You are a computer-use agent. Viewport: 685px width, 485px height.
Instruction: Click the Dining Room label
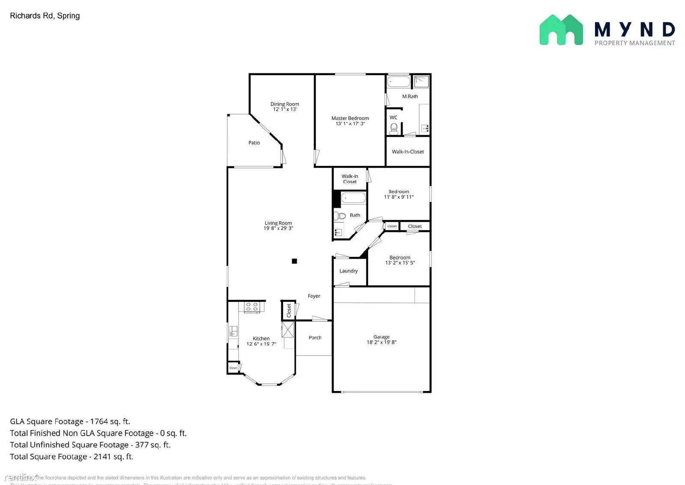point(285,104)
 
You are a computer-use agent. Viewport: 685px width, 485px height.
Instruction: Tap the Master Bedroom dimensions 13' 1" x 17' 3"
point(350,124)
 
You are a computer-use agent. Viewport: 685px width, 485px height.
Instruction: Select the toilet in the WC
point(394,128)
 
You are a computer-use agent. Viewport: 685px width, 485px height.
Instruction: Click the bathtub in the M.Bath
point(399,81)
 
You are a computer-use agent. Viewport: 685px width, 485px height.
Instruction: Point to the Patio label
point(254,143)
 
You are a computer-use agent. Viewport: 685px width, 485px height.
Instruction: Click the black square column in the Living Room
point(295,261)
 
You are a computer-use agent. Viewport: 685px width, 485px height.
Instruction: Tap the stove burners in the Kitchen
point(252,307)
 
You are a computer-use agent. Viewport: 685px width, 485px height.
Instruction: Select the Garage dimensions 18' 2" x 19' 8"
point(381,343)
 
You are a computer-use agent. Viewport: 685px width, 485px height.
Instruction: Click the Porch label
point(315,338)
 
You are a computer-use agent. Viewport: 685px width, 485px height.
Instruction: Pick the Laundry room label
point(348,271)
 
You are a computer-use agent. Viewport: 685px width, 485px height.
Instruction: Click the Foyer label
point(314,296)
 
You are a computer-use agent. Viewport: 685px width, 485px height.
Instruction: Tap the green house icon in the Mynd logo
point(561,30)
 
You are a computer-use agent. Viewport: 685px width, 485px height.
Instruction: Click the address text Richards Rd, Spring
point(45,16)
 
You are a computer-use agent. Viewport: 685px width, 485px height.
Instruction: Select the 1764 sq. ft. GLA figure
point(110,422)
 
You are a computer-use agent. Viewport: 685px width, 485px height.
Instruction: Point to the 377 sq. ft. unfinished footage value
point(153,445)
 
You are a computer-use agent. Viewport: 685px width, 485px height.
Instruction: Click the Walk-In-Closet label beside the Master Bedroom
point(408,152)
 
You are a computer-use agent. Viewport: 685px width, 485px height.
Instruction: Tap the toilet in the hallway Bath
point(340,215)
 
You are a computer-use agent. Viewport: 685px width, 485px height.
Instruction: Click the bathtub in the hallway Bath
point(354,198)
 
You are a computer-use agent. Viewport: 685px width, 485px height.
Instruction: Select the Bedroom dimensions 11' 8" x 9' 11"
point(399,197)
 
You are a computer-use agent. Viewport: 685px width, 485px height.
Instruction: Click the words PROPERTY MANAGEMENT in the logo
point(634,43)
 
